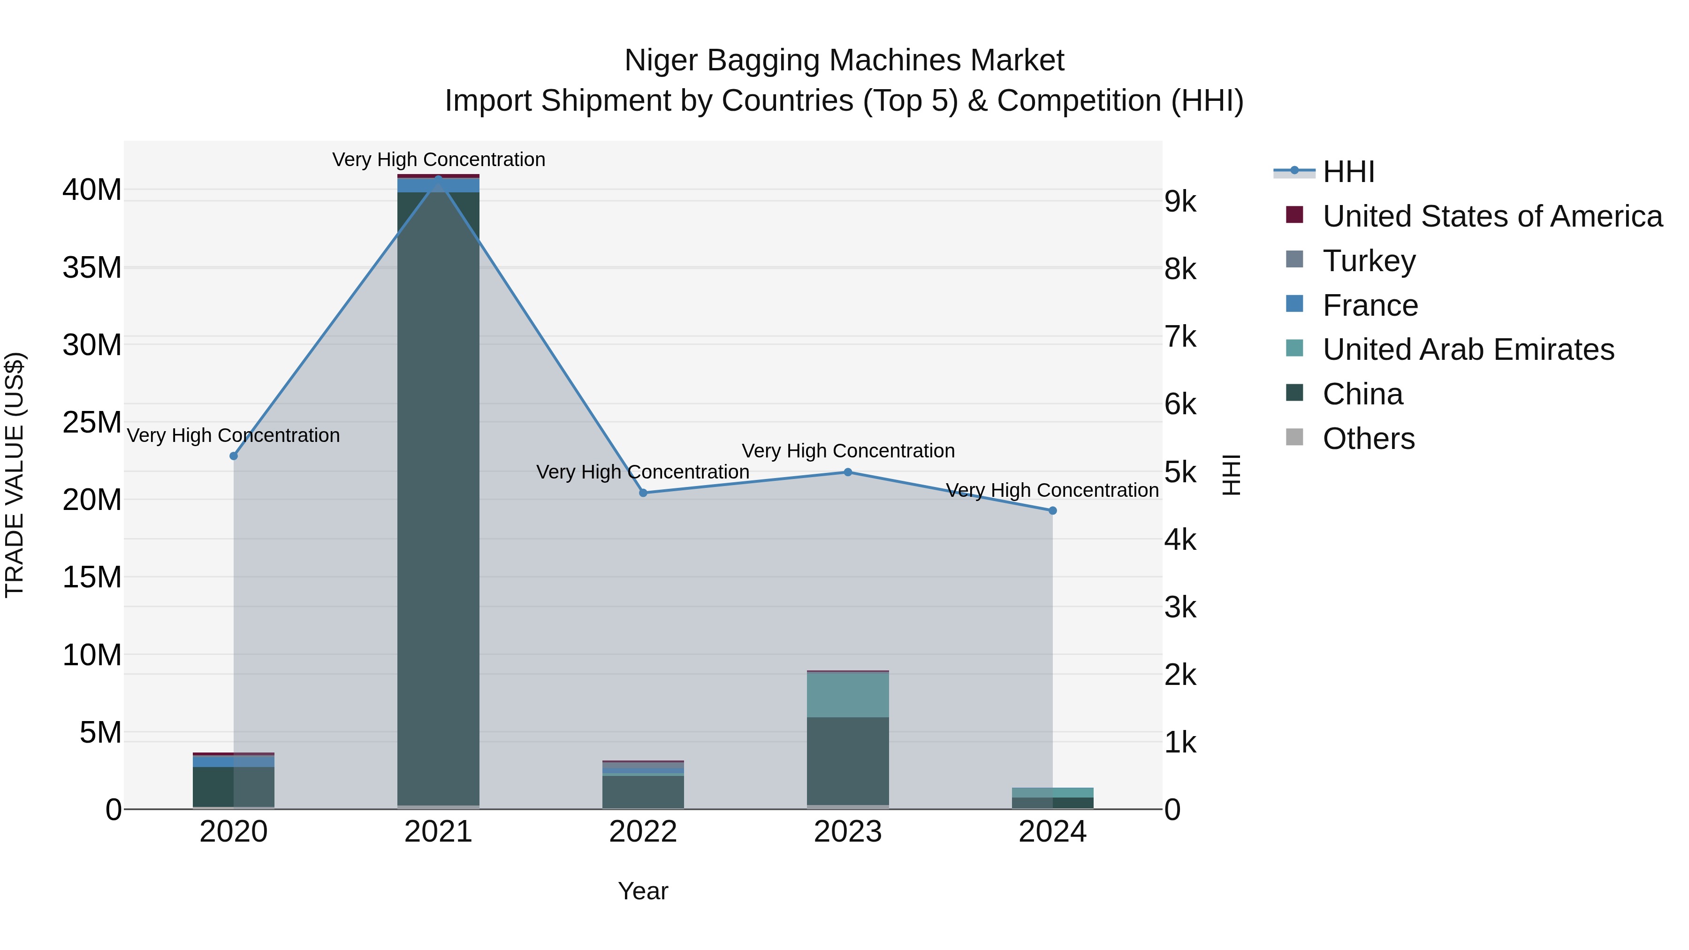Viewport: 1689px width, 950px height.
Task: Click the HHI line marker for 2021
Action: [439, 178]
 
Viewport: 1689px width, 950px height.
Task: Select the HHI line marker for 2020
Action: [234, 456]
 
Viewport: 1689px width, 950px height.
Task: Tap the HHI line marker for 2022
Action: [643, 493]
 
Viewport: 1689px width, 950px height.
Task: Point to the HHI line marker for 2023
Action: [848, 472]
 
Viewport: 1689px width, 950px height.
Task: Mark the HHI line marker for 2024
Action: [1053, 511]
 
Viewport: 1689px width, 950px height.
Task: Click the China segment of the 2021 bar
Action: [439, 498]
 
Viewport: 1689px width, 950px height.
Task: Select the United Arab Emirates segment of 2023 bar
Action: [848, 695]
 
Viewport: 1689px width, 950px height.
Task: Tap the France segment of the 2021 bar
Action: [439, 185]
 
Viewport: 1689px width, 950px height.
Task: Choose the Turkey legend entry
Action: [1369, 261]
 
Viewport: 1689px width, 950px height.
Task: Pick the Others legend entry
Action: [1369, 439]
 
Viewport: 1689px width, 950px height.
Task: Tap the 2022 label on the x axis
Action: [643, 832]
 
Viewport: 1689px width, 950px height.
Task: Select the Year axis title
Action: [643, 891]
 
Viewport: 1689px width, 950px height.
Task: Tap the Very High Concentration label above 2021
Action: [439, 160]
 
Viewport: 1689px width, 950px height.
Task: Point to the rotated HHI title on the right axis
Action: [1232, 475]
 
